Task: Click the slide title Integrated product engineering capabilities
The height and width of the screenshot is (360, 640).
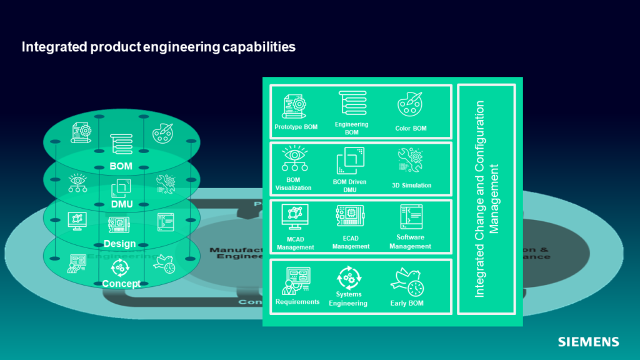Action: (x=158, y=47)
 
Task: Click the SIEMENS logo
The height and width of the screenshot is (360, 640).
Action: (x=588, y=342)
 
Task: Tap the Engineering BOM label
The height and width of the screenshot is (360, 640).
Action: (x=351, y=128)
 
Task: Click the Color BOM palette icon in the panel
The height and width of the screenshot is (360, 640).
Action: (x=410, y=105)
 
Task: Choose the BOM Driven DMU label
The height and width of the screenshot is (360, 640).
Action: (x=349, y=186)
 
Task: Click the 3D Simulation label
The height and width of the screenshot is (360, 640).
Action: (x=411, y=185)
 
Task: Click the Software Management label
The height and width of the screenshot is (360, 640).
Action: (x=410, y=242)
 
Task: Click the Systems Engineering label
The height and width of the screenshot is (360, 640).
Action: (x=349, y=299)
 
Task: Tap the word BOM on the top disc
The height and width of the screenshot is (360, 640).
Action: (x=121, y=167)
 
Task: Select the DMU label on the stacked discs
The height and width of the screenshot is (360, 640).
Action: (x=122, y=204)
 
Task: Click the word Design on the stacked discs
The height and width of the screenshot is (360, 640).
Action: (x=119, y=244)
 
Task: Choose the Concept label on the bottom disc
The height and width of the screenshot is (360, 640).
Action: (x=121, y=284)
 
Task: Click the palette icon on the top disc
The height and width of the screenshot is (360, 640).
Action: (x=162, y=132)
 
